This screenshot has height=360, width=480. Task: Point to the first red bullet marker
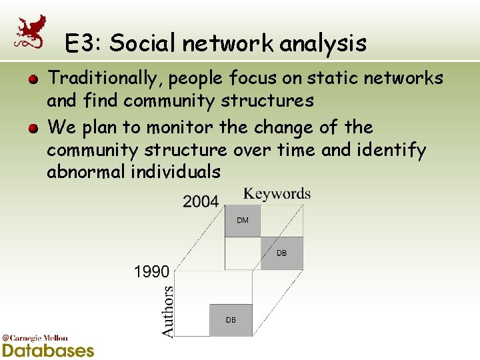[32, 79]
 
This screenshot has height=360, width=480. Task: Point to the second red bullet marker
[32, 128]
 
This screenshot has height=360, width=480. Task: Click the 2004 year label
[201, 202]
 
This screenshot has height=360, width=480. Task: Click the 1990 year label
[152, 271]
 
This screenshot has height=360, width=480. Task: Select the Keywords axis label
[277, 194]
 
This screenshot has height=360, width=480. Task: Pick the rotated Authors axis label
[168, 311]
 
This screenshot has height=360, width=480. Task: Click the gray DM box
[243, 221]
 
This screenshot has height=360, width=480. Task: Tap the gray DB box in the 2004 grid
[281, 253]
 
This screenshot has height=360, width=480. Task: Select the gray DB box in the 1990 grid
[231, 320]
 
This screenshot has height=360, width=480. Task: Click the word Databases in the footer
[47, 350]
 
